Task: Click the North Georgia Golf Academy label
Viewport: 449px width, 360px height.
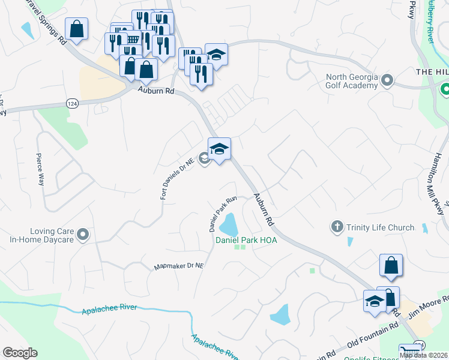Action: coord(352,81)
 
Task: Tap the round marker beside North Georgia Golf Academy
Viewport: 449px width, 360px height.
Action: coord(387,80)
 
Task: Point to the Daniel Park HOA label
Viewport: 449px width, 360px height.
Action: coord(240,240)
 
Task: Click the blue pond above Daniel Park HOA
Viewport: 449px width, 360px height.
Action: coord(228,226)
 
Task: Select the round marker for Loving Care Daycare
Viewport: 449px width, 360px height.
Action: coord(83,235)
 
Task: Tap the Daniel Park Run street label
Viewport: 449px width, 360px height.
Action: coord(223,214)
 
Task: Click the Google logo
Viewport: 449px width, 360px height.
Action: coord(20,353)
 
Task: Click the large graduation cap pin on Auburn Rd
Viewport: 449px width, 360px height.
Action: coord(219,149)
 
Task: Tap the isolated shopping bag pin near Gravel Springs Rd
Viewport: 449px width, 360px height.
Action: coord(77,29)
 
